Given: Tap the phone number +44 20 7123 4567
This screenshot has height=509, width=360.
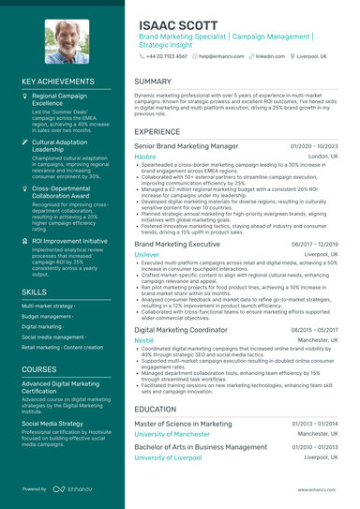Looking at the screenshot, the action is click(163, 56).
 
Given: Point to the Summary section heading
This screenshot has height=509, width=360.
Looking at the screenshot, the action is click(153, 82).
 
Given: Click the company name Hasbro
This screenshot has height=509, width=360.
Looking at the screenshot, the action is click(145, 157).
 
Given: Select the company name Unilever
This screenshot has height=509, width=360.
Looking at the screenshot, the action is click(147, 254).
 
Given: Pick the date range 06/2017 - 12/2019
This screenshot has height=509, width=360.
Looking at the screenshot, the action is click(314, 244).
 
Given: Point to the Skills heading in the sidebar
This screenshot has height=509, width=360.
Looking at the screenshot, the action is click(33, 292).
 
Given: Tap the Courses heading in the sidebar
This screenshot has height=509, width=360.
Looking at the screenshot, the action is click(38, 369).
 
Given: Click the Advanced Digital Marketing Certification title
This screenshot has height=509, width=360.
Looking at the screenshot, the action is click(61, 387).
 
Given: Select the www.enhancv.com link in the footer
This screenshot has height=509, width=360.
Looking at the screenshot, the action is click(318, 489).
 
